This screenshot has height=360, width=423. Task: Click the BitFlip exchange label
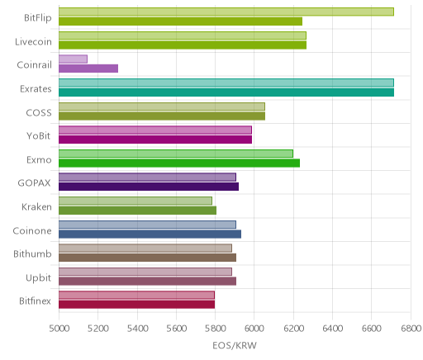tap(38, 18)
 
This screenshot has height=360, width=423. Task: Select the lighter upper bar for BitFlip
tap(226, 12)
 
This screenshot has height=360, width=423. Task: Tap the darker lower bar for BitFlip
tap(180, 21)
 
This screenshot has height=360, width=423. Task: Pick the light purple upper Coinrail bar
tap(73, 59)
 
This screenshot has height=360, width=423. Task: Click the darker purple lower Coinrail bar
tap(88, 69)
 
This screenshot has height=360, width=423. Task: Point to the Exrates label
tap(36, 89)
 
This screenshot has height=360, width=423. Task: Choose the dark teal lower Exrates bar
tap(226, 92)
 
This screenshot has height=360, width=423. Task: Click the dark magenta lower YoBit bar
tap(155, 140)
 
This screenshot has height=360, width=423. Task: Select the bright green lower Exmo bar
tap(179, 163)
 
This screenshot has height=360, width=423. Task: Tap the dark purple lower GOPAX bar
tap(149, 187)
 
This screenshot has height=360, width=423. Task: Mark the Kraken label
tap(36, 206)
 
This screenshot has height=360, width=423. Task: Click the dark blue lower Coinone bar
tap(150, 234)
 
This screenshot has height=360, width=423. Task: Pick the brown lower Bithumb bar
tap(147, 258)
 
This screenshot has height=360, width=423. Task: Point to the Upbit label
tap(39, 278)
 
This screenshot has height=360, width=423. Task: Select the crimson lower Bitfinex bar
tap(136, 305)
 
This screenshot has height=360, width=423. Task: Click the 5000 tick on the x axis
tap(59, 328)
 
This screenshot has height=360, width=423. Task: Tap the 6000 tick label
tap(254, 328)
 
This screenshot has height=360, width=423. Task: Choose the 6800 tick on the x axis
tap(411, 328)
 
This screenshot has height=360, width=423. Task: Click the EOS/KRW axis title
tap(235, 345)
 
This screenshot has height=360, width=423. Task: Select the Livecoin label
tap(33, 41)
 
